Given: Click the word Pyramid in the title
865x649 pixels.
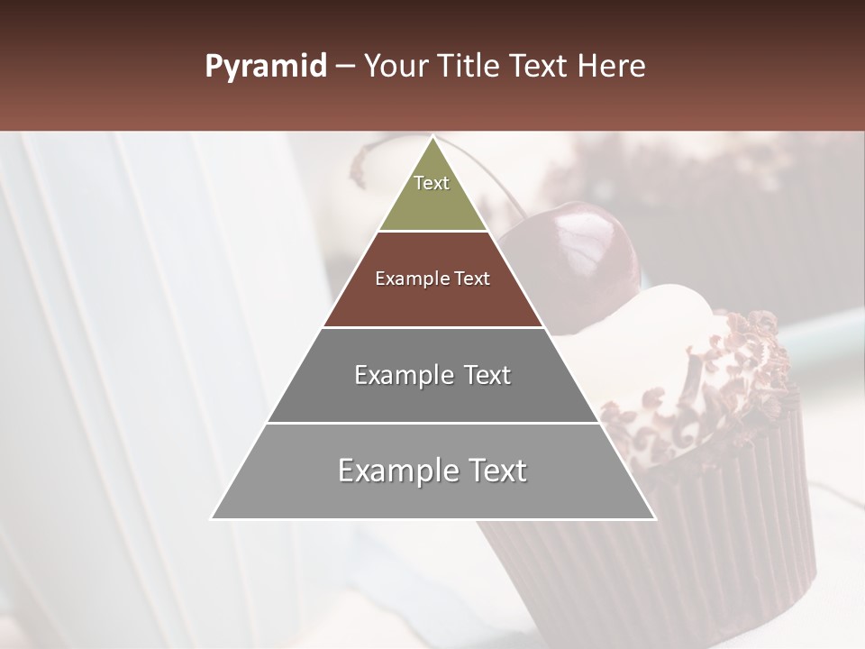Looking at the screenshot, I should pyautogui.click(x=265, y=67).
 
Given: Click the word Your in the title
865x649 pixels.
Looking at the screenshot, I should pyautogui.click(x=394, y=67).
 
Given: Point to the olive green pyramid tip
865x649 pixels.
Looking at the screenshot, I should pyautogui.click(x=432, y=194).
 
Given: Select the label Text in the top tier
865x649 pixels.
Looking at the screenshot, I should pyautogui.click(x=432, y=183).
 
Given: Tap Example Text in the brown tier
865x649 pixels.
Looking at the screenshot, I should pyautogui.click(x=432, y=279).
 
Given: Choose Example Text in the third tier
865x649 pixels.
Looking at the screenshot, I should pyautogui.click(x=432, y=375).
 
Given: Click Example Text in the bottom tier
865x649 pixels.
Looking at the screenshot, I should pyautogui.click(x=432, y=471).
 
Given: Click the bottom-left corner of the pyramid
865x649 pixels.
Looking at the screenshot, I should pyautogui.click(x=212, y=519).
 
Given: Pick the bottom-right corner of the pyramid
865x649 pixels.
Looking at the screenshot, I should pyautogui.click(x=655, y=519).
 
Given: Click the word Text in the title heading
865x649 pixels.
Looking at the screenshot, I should pyautogui.click(x=539, y=67).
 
